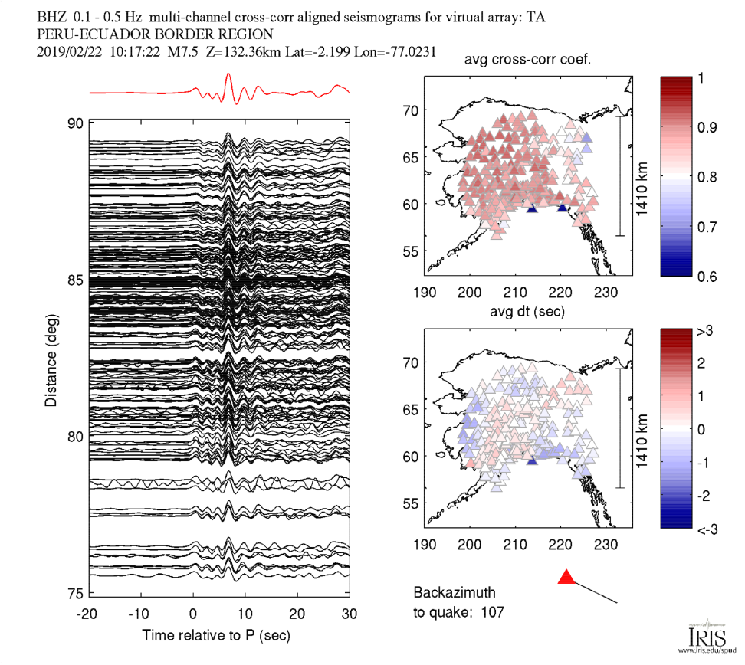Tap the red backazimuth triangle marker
[x=566, y=577]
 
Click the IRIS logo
[x=702, y=637]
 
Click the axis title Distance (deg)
[x=51, y=358]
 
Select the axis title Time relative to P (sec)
[x=216, y=635]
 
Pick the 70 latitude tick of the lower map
[x=412, y=362]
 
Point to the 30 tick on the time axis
[x=350, y=614]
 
